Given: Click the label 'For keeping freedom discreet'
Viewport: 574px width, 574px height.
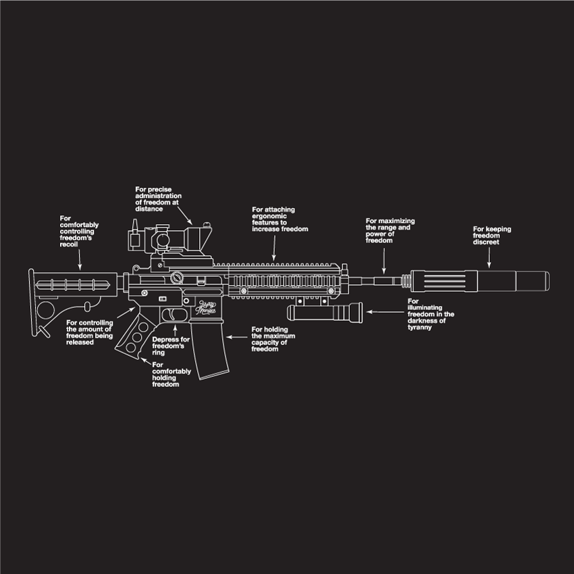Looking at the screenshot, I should (492, 236).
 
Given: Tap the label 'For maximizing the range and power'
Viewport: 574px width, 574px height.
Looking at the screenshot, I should (390, 231).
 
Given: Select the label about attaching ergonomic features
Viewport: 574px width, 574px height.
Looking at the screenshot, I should (280, 219).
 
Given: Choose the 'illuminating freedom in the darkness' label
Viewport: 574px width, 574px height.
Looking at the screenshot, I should (431, 314).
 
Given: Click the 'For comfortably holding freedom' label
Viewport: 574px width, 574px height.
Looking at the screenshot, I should (172, 375).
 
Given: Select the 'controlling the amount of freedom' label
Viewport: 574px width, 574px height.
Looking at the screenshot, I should (90, 332).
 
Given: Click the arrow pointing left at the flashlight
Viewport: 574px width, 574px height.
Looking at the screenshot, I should (385, 311).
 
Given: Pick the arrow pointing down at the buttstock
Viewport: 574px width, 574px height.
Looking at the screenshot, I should (80, 257).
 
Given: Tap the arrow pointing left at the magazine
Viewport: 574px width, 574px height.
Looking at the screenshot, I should (236, 336).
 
